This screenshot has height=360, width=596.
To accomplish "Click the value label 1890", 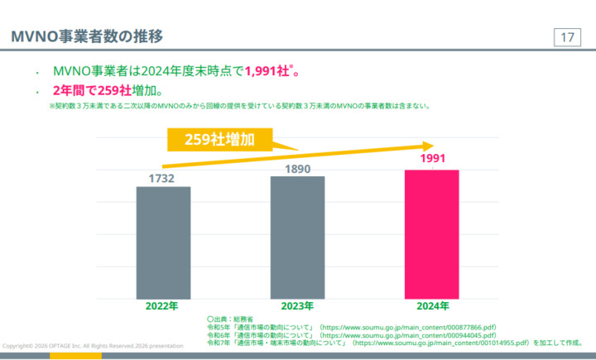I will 296,168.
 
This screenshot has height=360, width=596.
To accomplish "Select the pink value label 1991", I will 432,159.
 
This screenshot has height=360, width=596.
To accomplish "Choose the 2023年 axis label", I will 297,306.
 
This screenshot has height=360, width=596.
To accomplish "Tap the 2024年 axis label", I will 432,306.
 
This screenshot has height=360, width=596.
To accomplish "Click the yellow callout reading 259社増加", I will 219,139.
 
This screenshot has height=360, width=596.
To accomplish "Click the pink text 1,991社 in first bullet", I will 267,71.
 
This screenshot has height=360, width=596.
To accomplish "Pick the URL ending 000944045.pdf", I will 408,335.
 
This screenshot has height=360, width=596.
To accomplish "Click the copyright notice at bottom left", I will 94,346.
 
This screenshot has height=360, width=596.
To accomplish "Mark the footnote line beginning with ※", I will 240,106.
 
